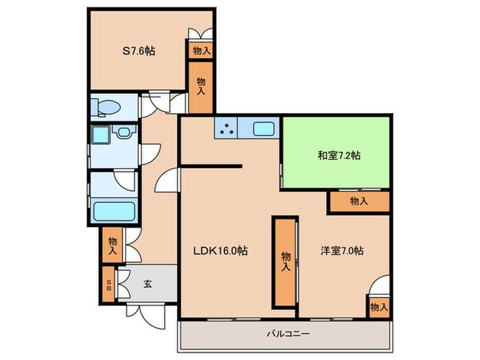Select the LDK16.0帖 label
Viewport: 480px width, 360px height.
coord(220,250)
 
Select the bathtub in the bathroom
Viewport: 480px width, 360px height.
coord(114,210)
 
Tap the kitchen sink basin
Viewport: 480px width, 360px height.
coord(263,128)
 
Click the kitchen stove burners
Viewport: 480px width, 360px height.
coord(227,128)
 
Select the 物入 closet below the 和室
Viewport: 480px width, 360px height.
coord(359,201)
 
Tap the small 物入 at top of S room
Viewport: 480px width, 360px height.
coord(201,50)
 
